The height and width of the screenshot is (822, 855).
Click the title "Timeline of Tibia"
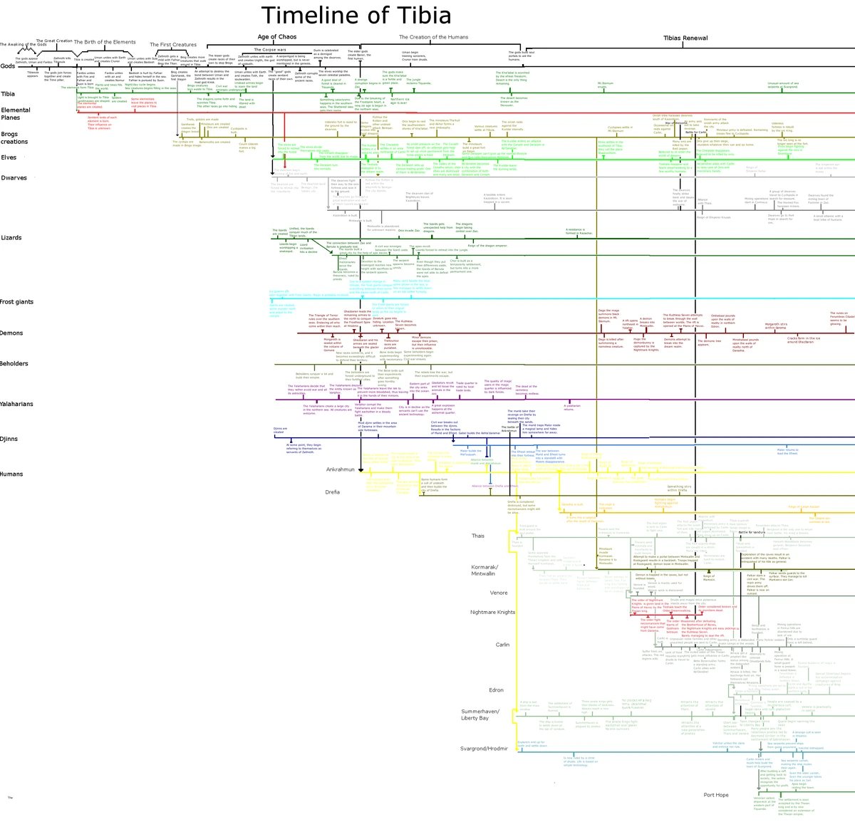pyautogui.click(x=356, y=16)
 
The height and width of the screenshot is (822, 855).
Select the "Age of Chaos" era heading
pyautogui.click(x=276, y=37)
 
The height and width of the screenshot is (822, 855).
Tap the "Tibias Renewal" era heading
pyautogui.click(x=685, y=38)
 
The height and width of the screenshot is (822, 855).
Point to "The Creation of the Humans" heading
pyautogui.click(x=433, y=37)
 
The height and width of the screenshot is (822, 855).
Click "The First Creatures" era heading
pyautogui.click(x=173, y=45)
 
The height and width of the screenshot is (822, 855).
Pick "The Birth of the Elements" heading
pyautogui.click(x=105, y=42)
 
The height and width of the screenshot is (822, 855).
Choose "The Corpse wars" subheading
pyautogui.click(x=269, y=50)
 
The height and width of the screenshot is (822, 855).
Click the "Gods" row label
pyautogui.click(x=8, y=66)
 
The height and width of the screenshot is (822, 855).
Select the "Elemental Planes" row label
pyautogui.click(x=16, y=114)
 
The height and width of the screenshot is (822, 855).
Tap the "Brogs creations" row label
pyautogui.click(x=14, y=138)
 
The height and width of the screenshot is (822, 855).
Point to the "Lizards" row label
pyautogui.click(x=11, y=238)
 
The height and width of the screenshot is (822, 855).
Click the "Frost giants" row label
pyautogui.click(x=16, y=302)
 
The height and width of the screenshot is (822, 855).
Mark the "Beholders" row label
pyautogui.click(x=14, y=364)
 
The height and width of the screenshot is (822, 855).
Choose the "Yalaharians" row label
pyautogui.click(x=16, y=404)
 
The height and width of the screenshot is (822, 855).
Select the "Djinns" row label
pyautogui.click(x=9, y=439)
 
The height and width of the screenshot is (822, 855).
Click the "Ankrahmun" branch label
pyautogui.click(x=340, y=470)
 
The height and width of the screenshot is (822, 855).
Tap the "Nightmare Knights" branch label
pyautogui.click(x=492, y=613)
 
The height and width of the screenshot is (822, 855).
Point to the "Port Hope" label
pyautogui.click(x=716, y=795)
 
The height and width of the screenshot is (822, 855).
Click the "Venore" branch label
pyautogui.click(x=499, y=593)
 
